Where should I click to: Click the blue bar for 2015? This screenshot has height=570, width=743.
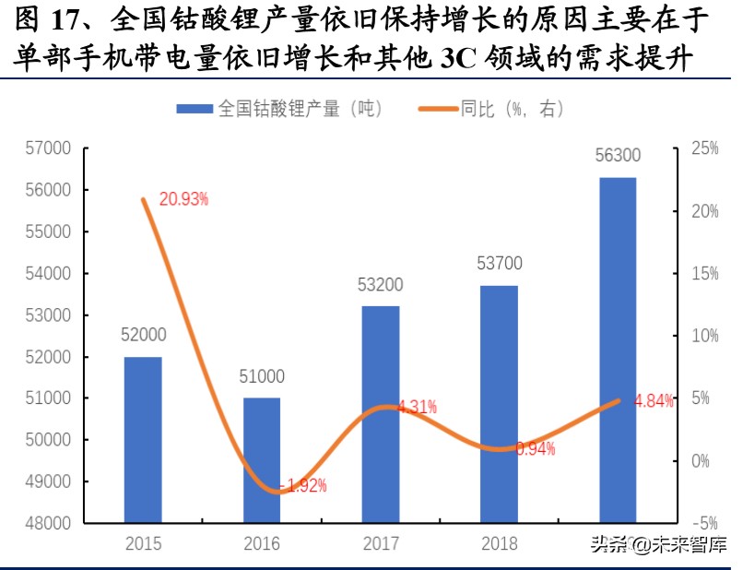click(143, 439)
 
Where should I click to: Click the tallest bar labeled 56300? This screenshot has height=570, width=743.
click(618, 350)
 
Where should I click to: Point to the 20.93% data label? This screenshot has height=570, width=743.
click(183, 198)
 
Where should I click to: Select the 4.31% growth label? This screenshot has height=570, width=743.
click(417, 406)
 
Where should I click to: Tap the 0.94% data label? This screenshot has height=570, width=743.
click(535, 449)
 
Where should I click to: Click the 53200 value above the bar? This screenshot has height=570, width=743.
click(380, 284)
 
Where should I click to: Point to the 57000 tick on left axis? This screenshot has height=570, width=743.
click(51, 148)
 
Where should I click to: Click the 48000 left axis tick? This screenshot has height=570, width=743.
click(51, 523)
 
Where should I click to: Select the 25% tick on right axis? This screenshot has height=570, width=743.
click(704, 148)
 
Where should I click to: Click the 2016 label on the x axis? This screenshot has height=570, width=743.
click(262, 544)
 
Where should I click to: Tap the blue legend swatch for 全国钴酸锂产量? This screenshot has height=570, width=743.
click(195, 109)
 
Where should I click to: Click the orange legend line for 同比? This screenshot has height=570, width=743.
click(439, 109)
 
